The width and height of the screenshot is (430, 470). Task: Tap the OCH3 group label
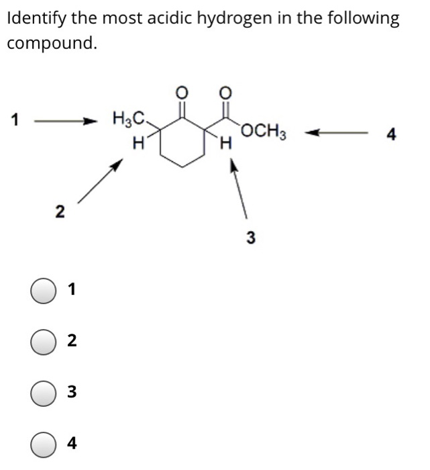pyautogui.click(x=265, y=130)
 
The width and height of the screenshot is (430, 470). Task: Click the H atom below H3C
pyautogui.click(x=139, y=142)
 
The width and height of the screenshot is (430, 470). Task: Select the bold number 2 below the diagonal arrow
pyautogui.click(x=60, y=213)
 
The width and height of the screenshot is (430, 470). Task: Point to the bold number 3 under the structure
pyautogui.click(x=250, y=237)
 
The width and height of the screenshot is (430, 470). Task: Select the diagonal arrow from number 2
pyautogui.click(x=101, y=180)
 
